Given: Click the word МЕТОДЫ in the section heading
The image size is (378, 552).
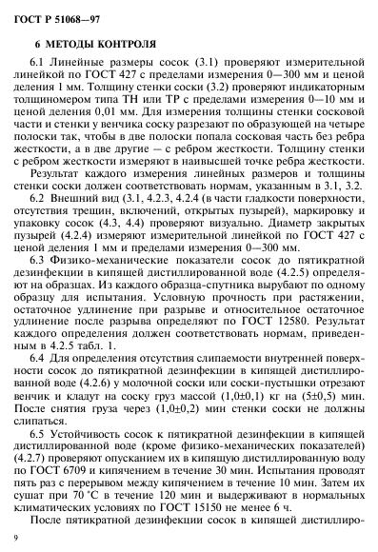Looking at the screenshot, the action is [75, 44].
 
